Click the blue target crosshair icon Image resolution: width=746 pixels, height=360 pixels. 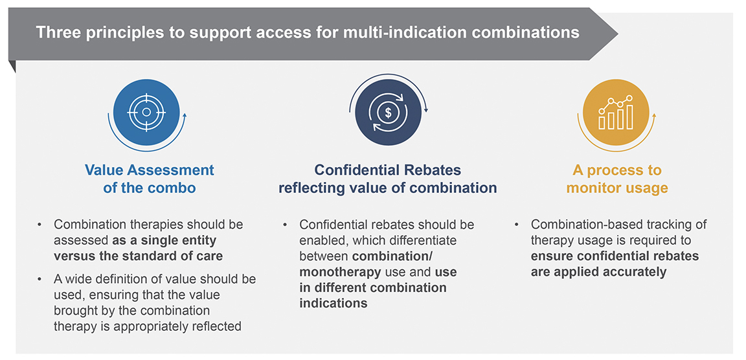click(146, 112)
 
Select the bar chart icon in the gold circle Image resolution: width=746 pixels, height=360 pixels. click(616, 112)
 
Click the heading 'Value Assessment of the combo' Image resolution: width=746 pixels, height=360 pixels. click(150, 179)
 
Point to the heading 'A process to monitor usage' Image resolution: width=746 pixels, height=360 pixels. click(616, 179)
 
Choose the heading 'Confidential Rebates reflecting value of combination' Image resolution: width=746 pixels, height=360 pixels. click(388, 179)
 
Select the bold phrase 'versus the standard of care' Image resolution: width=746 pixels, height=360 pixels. click(139, 255)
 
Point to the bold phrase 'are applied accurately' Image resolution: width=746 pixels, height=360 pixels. click(598, 272)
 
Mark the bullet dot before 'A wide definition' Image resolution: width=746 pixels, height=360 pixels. click(40, 279)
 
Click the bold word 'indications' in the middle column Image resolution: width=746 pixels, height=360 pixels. click(333, 303)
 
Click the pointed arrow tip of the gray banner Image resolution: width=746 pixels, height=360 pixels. click(618, 34)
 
